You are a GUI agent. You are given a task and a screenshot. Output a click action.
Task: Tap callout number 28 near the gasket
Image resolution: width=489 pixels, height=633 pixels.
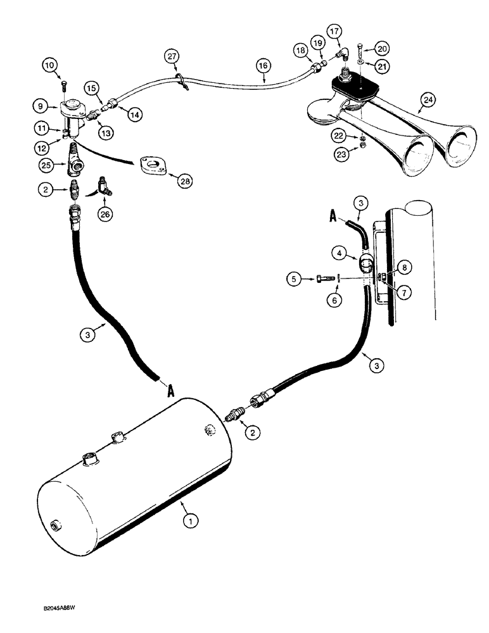coord(184,182)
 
